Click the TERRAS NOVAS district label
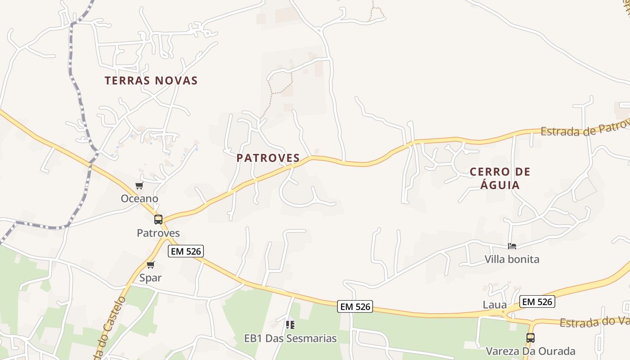(x=151, y=81)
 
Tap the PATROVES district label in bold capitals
(x=268, y=158)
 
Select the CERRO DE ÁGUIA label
(x=500, y=178)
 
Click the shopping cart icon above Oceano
(x=139, y=186)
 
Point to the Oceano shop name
(x=139, y=198)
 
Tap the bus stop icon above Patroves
(x=158, y=220)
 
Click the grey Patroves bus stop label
(x=158, y=233)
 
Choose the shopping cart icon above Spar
(x=151, y=265)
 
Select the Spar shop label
(x=150, y=278)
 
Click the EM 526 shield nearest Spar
(x=186, y=251)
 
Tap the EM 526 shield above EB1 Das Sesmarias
(x=355, y=307)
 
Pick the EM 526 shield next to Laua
(x=537, y=301)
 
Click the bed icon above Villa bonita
(x=512, y=246)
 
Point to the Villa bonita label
(x=512, y=259)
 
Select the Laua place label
(x=495, y=305)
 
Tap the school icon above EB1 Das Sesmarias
(x=290, y=324)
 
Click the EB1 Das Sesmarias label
(x=290, y=338)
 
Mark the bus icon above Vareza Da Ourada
(x=531, y=338)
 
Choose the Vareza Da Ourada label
(x=531, y=351)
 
